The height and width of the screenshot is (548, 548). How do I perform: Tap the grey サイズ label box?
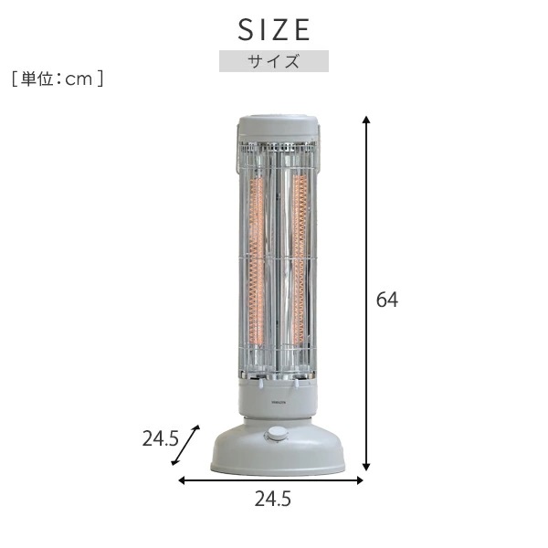(274, 61)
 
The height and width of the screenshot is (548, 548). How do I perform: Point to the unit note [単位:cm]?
(58, 79)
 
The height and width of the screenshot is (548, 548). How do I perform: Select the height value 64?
(388, 299)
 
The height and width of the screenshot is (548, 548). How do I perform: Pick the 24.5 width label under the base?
(274, 501)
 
